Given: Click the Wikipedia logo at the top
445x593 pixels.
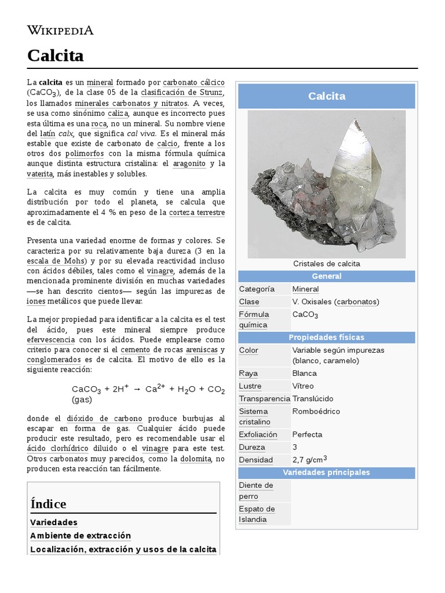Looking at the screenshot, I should click(x=60, y=30).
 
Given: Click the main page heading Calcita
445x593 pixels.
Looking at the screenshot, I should click(x=56, y=56).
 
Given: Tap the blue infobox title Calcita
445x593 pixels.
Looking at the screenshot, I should click(x=326, y=96).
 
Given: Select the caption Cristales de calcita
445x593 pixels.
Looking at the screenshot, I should click(x=326, y=263).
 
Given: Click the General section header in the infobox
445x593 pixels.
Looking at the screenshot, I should click(x=326, y=276).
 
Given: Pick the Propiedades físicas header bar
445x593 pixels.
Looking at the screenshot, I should click(x=326, y=338).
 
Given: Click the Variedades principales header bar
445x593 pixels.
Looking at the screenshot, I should click(x=326, y=473).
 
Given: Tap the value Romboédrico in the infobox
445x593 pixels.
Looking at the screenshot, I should click(x=316, y=411).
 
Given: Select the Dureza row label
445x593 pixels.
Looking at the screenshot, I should click(x=252, y=447).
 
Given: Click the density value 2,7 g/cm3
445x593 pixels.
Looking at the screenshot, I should click(x=310, y=459).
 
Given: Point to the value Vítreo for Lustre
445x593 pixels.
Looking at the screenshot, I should click(x=303, y=386).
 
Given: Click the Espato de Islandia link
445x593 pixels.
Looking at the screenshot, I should click(x=257, y=514).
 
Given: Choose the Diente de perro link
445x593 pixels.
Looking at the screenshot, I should click(x=256, y=490).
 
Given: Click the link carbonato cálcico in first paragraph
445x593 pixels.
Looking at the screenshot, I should click(x=194, y=82).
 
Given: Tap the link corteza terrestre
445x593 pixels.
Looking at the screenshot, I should click(x=197, y=213).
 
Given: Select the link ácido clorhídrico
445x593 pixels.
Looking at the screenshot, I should click(x=58, y=448).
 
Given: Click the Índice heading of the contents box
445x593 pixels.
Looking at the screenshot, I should click(x=49, y=504).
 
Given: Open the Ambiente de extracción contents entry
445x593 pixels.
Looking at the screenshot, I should click(x=81, y=536).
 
